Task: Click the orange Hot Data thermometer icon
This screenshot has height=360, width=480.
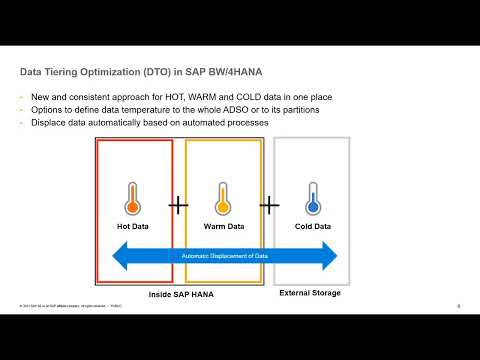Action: [133, 199]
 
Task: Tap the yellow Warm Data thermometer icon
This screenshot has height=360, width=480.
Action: [223, 199]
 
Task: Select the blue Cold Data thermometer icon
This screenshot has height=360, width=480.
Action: [312, 199]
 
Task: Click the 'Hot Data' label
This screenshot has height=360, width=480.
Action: [133, 227]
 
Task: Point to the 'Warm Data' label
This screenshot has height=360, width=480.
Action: [223, 227]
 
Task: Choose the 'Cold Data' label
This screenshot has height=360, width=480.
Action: [312, 227]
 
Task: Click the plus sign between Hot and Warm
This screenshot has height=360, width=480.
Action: [178, 205]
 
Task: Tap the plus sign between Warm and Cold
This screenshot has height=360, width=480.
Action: [268, 205]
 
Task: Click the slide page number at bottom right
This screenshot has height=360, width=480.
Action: [457, 307]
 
